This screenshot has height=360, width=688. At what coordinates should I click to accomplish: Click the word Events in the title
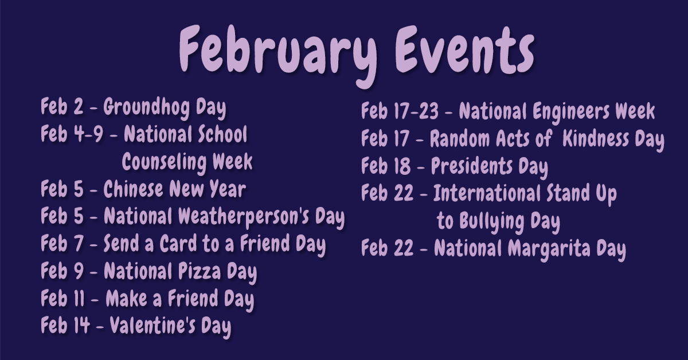464,49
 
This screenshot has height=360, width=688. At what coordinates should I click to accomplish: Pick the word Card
178,243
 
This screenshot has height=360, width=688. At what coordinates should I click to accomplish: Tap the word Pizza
200,272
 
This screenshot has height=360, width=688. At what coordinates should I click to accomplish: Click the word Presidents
472,166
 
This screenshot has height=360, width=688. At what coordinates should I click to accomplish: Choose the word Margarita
549,249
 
